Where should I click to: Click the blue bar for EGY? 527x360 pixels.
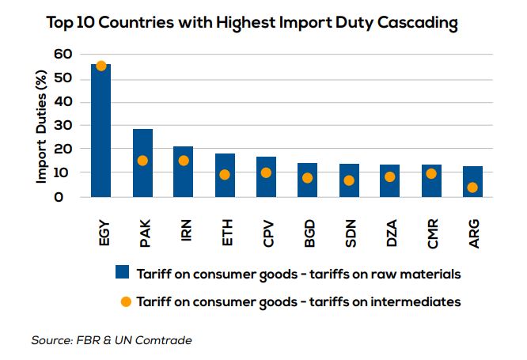[101, 131]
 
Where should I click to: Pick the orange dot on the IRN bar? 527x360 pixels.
[184, 161]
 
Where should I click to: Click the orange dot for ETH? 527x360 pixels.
[225, 175]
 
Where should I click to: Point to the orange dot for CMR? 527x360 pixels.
[431, 174]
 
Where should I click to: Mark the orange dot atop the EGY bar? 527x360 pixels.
[101, 66]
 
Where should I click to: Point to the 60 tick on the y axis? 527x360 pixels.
[63, 55]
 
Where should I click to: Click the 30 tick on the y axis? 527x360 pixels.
[63, 125]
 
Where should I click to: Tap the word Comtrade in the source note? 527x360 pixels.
[164, 340]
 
